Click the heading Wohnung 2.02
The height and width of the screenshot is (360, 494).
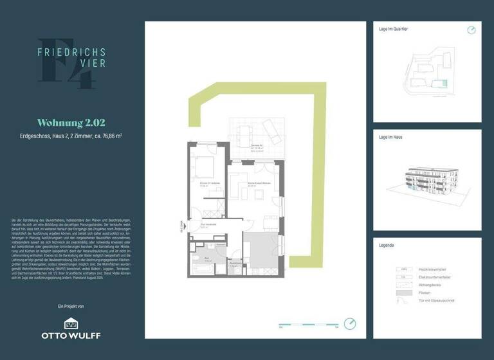71,122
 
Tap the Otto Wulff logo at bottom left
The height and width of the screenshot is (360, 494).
71,328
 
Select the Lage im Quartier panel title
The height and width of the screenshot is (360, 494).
394,30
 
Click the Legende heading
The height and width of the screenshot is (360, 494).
387,246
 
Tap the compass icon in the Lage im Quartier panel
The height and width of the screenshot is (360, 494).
471,30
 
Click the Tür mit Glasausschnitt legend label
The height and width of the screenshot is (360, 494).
439,300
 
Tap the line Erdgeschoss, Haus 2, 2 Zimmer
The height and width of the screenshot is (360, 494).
71,136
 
